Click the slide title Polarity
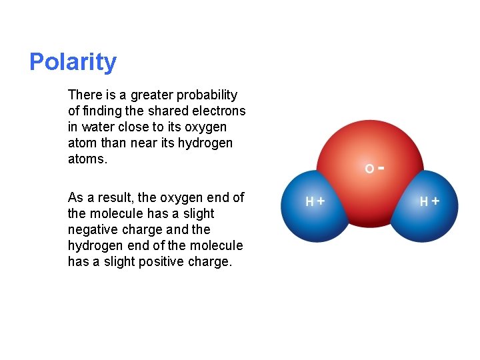point(73,62)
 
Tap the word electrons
point(221,111)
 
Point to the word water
point(97,127)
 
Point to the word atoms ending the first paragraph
point(87,159)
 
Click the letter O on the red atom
point(369,169)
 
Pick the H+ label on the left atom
point(315,201)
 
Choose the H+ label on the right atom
point(429,201)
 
